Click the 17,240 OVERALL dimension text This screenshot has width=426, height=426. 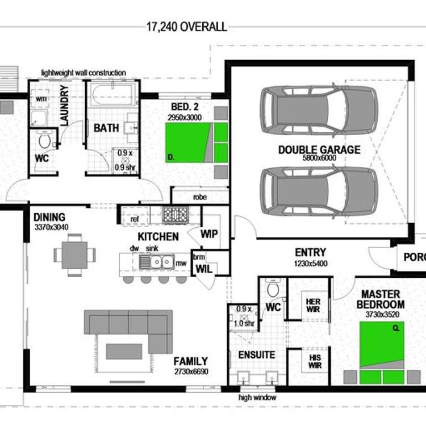click(187, 27)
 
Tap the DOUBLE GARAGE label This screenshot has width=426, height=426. click(319, 150)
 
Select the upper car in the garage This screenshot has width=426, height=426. click(319, 106)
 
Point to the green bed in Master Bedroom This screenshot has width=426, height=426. click(382, 345)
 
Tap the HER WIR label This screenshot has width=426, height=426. click(314, 306)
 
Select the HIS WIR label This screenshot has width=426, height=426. click(315, 361)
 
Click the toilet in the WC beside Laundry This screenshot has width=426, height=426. click(44, 139)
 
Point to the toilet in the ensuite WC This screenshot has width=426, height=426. click(273, 289)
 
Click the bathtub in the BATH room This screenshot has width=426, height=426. click(114, 95)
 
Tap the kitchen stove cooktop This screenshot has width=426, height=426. click(176, 215)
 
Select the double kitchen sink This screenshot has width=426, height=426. click(157, 262)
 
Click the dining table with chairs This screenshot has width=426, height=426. click(74, 255)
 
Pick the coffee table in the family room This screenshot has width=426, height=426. click(124, 351)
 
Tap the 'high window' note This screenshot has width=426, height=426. click(257, 398)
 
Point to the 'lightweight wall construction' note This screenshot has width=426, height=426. click(83, 73)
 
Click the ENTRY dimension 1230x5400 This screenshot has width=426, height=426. click(311, 264)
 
